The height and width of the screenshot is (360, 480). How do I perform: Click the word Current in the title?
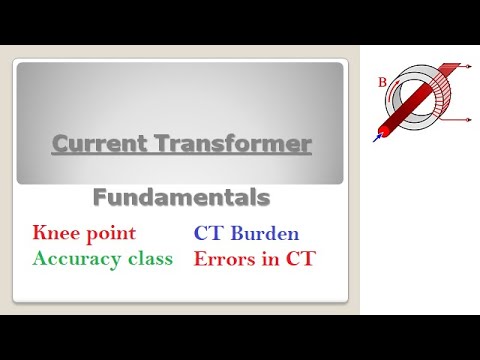coord(96,145)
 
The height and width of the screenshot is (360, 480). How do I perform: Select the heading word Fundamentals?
coord(181,197)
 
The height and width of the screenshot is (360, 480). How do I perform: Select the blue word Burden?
coord(263,234)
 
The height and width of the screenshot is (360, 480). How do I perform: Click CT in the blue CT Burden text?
coord(208,234)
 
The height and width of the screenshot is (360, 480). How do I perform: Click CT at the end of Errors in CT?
coord(298,258)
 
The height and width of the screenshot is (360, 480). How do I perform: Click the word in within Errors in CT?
coord(268,258)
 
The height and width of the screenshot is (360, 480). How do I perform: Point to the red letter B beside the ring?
coord(381,83)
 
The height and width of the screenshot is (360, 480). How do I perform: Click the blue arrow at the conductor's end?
coord(379,138)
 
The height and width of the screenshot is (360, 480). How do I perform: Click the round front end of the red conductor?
coord(387,130)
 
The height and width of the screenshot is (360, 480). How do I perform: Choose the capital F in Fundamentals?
coord(100,197)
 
